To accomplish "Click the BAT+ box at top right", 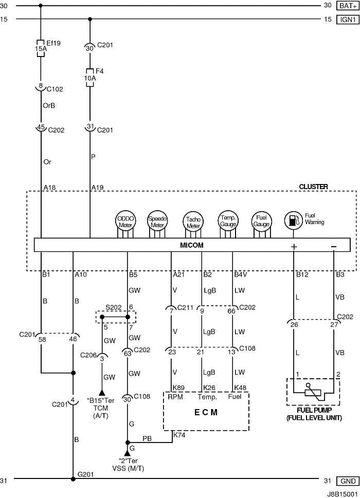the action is tap(348, 6).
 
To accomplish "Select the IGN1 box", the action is tap(348, 20).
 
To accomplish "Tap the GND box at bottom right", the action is tap(348, 481).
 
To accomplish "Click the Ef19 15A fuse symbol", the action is tap(41, 48).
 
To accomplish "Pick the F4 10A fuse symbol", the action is tap(90, 78).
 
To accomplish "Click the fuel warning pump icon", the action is tap(293, 220).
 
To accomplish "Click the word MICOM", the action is tap(192, 245).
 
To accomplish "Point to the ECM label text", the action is tap(206, 412).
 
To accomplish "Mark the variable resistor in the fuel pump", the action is tap(314, 392).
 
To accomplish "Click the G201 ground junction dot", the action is tap(73, 479).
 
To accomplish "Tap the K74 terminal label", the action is tap(179, 435).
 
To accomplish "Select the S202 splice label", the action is tap(114, 307).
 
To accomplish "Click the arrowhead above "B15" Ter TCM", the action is tap(102, 392).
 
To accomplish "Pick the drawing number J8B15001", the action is tap(343, 494).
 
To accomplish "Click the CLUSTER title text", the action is tap(313, 187).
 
